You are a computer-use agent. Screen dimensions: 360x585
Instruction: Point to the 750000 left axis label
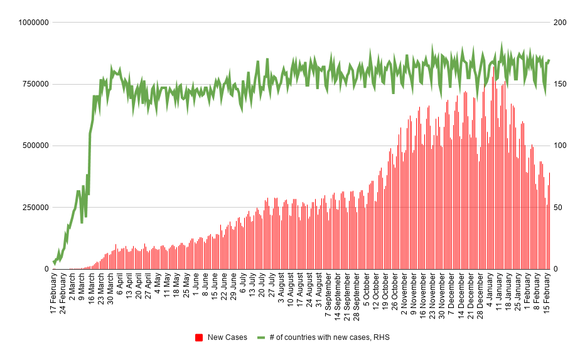click(33, 84)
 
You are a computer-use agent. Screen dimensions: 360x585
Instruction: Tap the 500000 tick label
click(33, 146)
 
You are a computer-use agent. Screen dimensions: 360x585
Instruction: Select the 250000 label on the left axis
click(33, 208)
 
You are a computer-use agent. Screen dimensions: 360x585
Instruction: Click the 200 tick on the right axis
click(559, 23)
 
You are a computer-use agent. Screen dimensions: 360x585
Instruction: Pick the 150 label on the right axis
click(559, 84)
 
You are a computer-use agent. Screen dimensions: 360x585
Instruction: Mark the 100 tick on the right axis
click(559, 146)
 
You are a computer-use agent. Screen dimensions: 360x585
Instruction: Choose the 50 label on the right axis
click(557, 208)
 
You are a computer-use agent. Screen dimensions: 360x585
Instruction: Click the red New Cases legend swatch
click(199, 337)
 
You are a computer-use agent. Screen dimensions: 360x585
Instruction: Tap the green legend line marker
click(261, 337)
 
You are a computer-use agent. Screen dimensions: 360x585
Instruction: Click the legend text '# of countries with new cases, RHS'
click(330, 337)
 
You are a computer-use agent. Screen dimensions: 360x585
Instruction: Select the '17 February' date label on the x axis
click(55, 294)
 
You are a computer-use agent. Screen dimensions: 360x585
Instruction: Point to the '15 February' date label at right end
click(547, 293)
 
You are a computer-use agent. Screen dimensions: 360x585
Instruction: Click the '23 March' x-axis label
click(102, 290)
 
